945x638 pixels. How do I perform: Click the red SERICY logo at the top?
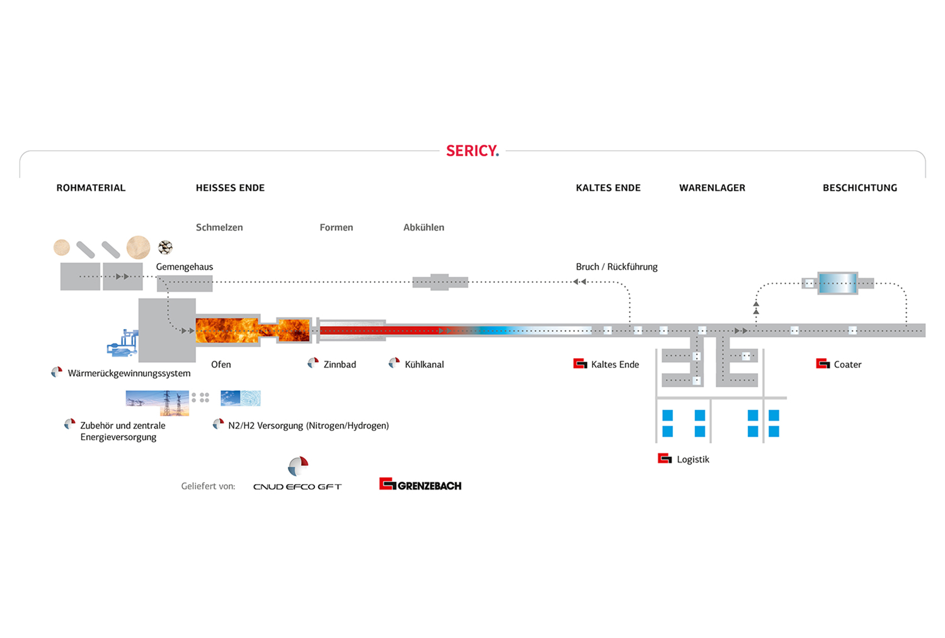click(472, 151)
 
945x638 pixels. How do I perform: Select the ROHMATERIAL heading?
click(91, 188)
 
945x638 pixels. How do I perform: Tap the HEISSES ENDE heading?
click(230, 188)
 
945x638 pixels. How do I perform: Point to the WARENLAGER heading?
click(712, 188)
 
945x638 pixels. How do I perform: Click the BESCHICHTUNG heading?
click(860, 188)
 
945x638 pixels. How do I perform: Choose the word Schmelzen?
click(219, 227)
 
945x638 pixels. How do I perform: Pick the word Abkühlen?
click(424, 227)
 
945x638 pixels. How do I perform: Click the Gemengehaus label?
click(184, 267)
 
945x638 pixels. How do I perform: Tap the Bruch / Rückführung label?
click(617, 267)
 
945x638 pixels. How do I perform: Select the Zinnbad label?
click(340, 364)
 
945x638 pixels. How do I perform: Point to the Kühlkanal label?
click(424, 364)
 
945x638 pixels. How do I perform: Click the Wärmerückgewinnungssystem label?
click(129, 373)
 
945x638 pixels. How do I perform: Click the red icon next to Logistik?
click(665, 458)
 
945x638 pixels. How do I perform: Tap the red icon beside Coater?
click(823, 363)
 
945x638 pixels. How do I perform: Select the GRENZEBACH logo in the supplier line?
click(421, 484)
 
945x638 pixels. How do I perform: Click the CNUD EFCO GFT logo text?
click(297, 487)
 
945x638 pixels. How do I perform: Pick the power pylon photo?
click(157, 403)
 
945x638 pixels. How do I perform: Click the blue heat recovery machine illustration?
click(122, 343)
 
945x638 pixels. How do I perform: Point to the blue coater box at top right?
click(838, 284)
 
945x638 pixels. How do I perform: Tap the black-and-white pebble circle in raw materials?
click(165, 247)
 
